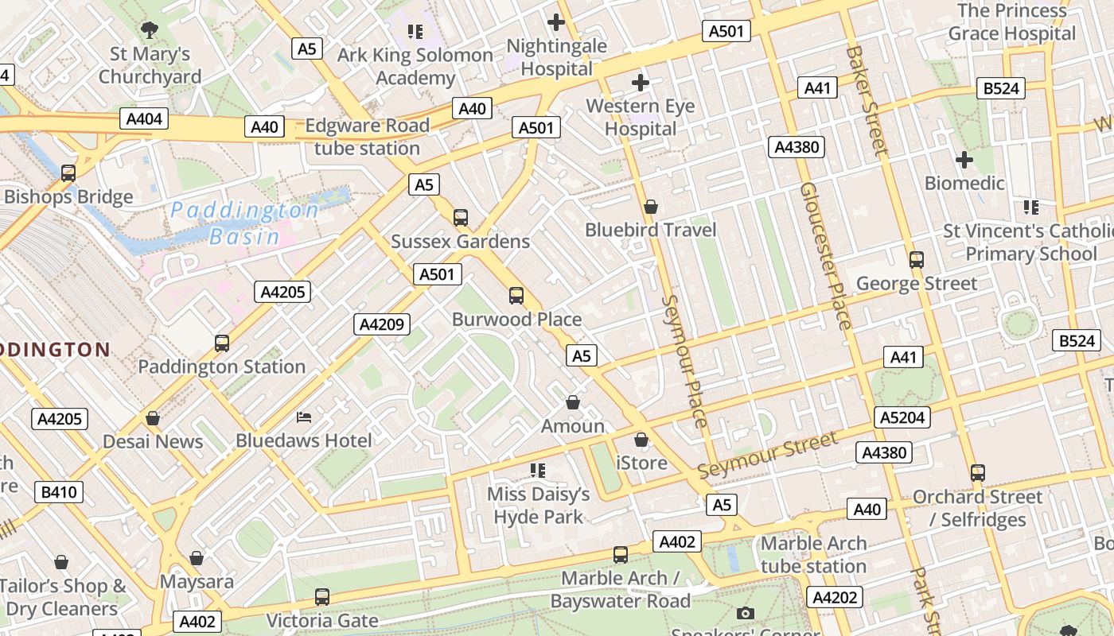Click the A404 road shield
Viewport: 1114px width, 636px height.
144,119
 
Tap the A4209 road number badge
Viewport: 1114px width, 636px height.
383,324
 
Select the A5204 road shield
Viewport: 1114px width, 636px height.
902,417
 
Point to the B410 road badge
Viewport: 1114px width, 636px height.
59,492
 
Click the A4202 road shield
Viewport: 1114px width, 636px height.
835,597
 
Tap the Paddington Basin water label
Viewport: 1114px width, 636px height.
245,223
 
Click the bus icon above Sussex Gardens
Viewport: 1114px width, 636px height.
460,217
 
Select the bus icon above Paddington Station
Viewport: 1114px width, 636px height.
221,343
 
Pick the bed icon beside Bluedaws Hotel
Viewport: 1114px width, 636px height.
304,417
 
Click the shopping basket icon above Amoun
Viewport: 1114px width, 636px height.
572,402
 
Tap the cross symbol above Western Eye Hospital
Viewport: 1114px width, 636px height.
640,83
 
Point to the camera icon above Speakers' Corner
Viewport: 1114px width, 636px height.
745,613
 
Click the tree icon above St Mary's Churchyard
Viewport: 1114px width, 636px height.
149,30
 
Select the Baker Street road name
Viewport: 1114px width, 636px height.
867,99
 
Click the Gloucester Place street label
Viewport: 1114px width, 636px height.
826,255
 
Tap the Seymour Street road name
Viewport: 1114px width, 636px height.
767,456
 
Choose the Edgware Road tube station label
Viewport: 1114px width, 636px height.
367,137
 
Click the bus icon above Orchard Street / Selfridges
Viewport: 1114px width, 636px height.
977,473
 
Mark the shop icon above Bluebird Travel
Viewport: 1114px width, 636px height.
651,207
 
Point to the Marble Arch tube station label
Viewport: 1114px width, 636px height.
813,555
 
